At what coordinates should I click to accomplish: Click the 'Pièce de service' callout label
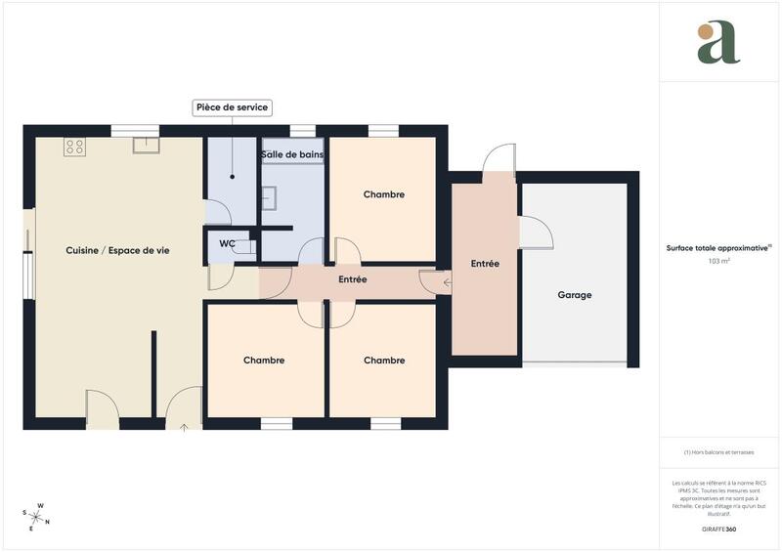click(232, 107)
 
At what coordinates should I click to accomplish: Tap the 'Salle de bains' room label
click(292, 154)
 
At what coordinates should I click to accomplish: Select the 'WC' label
click(227, 243)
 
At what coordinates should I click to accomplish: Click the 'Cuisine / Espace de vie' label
click(117, 251)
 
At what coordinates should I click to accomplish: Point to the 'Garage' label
click(574, 295)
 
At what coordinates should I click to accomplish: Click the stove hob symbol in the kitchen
click(74, 147)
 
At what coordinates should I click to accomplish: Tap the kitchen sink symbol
click(147, 146)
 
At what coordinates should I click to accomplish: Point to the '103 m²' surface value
click(719, 262)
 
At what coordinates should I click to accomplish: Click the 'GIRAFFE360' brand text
click(718, 529)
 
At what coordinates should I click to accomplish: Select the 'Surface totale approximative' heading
click(718, 248)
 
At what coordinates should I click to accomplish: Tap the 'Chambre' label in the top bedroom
click(383, 194)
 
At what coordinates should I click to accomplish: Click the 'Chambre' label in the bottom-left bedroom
click(264, 361)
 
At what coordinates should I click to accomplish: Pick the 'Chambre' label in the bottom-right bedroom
click(383, 361)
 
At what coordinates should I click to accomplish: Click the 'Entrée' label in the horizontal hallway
click(352, 279)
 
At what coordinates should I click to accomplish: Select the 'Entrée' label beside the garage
click(485, 264)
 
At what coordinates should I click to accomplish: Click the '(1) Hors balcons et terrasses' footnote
click(718, 452)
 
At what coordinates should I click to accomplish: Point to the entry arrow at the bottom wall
click(184, 426)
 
